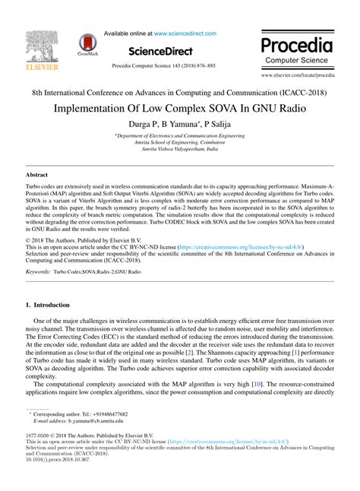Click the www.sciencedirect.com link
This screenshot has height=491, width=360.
point(185,33)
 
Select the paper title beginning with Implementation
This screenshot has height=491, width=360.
point(180,107)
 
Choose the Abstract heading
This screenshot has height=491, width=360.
point(38,174)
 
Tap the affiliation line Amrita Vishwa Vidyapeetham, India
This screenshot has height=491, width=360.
point(180,150)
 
